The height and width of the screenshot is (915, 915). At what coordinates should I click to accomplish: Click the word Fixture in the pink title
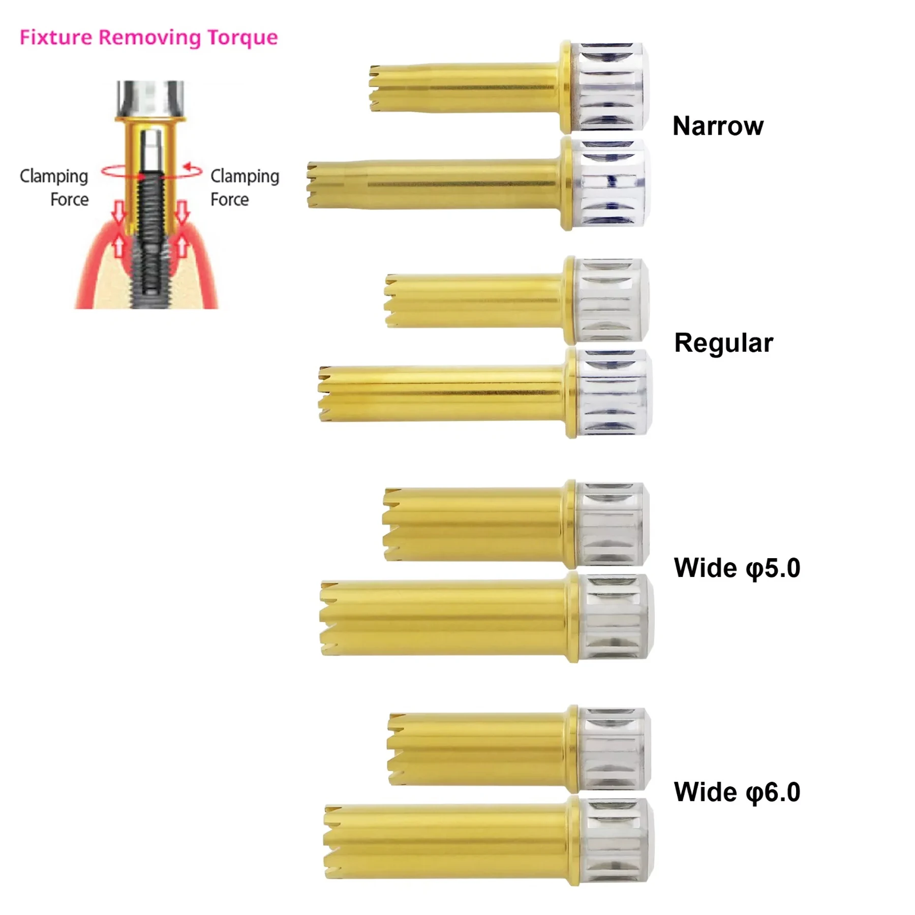pos(56,38)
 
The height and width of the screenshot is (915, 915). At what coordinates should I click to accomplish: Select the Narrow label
pos(717,126)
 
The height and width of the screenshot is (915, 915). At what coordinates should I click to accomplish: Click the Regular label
pos(723,343)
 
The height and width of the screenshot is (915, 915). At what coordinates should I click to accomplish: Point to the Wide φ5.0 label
pos(737,568)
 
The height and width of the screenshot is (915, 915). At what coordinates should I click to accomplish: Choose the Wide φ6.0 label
pos(737,792)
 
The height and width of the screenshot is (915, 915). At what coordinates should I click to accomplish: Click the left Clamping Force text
pos(54,187)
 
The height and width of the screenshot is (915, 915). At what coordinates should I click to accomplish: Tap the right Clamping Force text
pos(245,187)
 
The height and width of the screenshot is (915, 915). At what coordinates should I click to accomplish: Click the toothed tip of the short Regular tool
pos(391,301)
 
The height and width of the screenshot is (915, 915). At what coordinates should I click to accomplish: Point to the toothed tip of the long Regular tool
pos(325,394)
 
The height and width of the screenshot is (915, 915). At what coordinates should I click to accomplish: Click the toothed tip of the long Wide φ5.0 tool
pos(328,618)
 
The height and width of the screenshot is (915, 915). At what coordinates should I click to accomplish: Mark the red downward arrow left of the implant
pos(118,211)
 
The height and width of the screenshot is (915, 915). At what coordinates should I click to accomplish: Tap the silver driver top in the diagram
pos(150,99)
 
